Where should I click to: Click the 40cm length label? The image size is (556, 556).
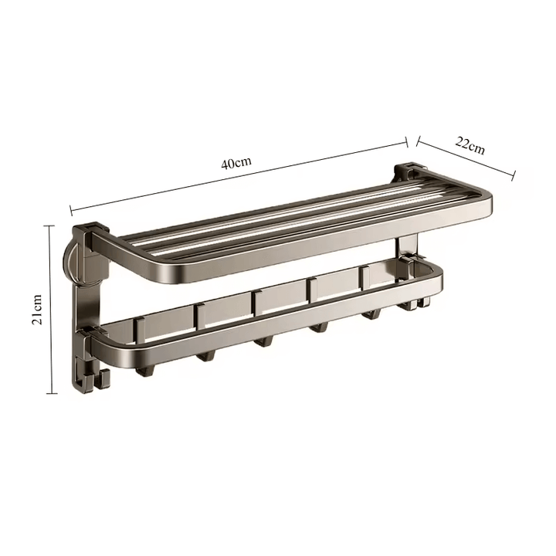coord(236,164)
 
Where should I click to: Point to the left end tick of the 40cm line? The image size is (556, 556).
coord(70,211)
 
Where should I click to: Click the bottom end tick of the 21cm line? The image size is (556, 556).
coord(52,393)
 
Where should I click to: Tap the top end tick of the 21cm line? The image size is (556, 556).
coord(52,225)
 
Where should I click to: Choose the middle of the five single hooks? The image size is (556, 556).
coord(263,341)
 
